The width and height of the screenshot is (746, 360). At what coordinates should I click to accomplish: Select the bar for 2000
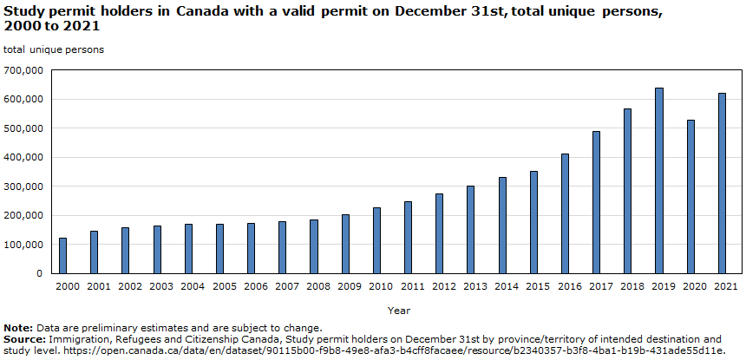click(62, 255)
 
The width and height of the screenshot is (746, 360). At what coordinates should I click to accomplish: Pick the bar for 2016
click(565, 213)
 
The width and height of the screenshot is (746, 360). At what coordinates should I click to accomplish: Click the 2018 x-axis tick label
click(628, 285)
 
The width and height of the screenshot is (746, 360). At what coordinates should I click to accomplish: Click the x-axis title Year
click(399, 310)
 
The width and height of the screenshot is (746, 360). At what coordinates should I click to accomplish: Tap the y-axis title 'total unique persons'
click(54, 49)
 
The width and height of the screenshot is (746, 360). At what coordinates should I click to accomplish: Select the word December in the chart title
click(424, 11)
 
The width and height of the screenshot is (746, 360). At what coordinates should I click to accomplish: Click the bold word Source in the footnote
click(23, 339)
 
